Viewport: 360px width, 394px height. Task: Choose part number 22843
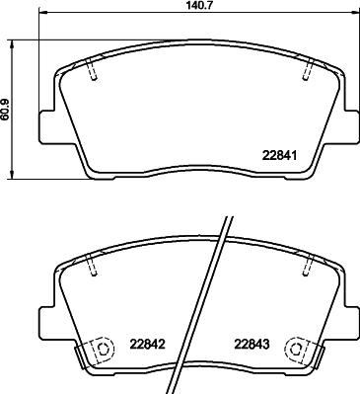coord(251,346)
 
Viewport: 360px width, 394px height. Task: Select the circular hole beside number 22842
coord(97,351)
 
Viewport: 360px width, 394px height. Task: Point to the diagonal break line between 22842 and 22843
coord(204,316)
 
